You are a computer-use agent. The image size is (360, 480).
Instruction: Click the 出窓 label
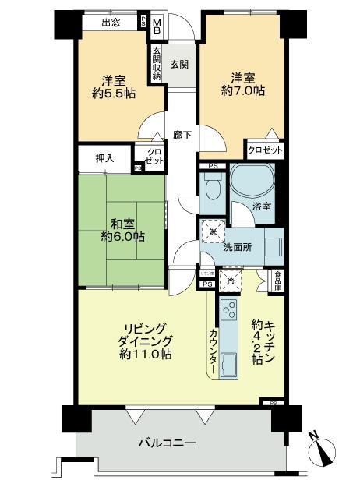110,23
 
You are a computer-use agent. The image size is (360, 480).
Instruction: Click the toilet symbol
211,188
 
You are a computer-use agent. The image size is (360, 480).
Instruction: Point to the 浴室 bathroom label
262,206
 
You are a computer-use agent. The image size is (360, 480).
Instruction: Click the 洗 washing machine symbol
211,231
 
